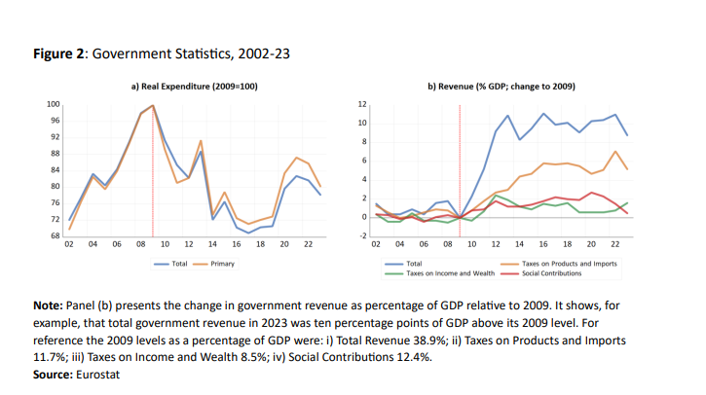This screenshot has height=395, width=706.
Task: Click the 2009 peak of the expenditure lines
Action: [153, 105]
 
